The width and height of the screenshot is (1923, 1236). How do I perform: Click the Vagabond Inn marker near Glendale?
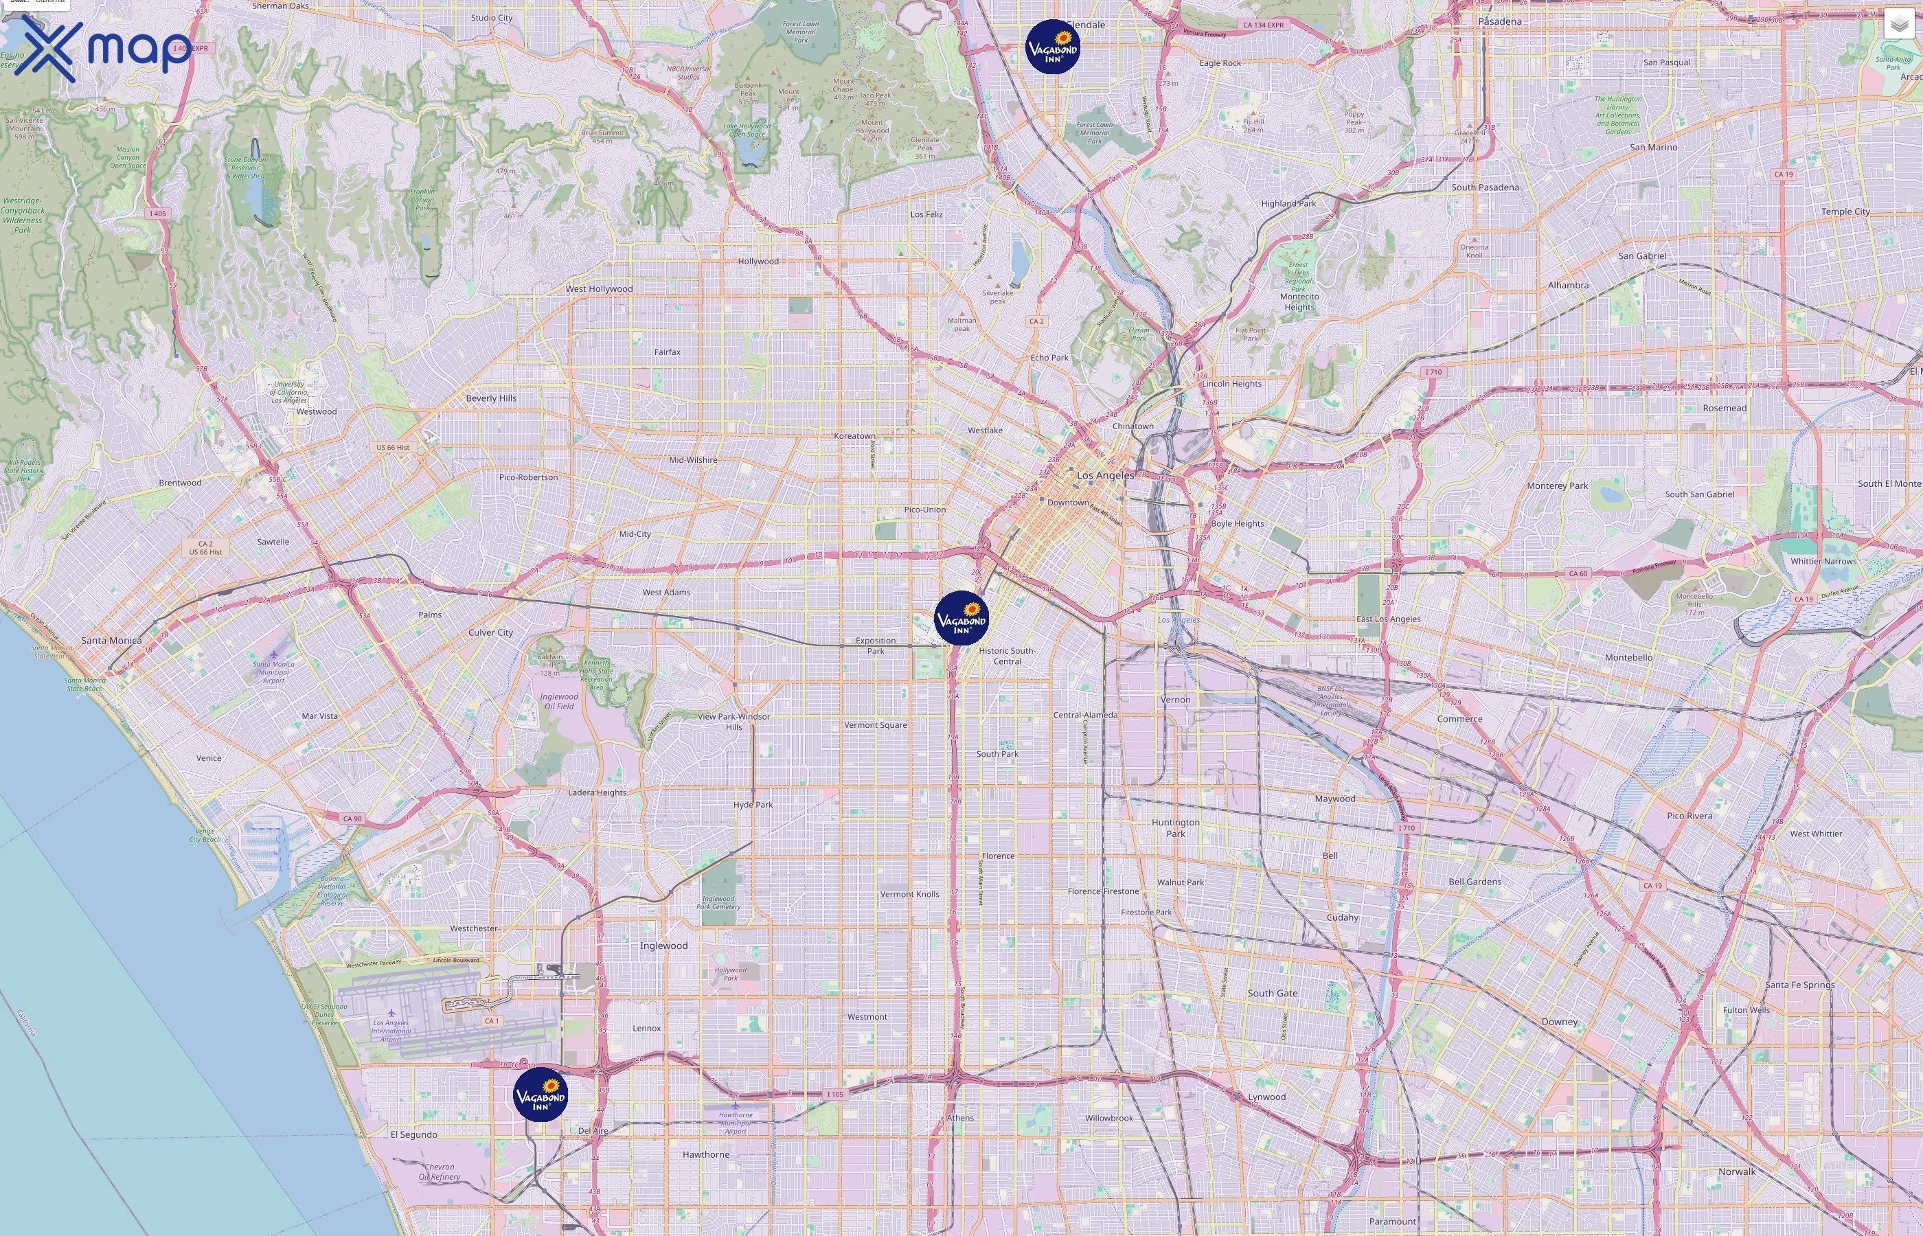[x=1052, y=47]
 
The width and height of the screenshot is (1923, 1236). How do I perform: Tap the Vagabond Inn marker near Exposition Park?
[x=962, y=618]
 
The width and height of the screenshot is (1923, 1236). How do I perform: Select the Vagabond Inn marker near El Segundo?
[x=540, y=1094]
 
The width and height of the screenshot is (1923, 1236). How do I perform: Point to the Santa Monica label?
[x=111, y=641]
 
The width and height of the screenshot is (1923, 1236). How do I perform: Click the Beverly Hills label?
[x=491, y=398]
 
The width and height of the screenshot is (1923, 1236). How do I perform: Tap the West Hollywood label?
[x=599, y=289]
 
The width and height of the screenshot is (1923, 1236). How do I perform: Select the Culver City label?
[x=490, y=632]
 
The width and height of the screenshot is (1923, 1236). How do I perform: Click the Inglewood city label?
[x=663, y=946]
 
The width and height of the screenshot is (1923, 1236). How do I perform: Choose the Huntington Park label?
[x=1176, y=827]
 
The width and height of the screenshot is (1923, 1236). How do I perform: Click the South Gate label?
[x=1272, y=993]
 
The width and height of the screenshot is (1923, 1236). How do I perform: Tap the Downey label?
[x=1560, y=1022]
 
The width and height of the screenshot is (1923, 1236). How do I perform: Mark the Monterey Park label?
[x=1557, y=485]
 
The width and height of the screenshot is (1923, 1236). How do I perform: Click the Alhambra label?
[x=1568, y=285]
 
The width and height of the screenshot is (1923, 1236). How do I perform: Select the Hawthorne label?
[x=706, y=1154]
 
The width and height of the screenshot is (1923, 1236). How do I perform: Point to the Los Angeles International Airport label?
[x=391, y=1031]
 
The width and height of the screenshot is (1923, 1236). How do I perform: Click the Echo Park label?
[x=1049, y=357]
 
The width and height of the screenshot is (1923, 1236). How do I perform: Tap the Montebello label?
[x=1628, y=657]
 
